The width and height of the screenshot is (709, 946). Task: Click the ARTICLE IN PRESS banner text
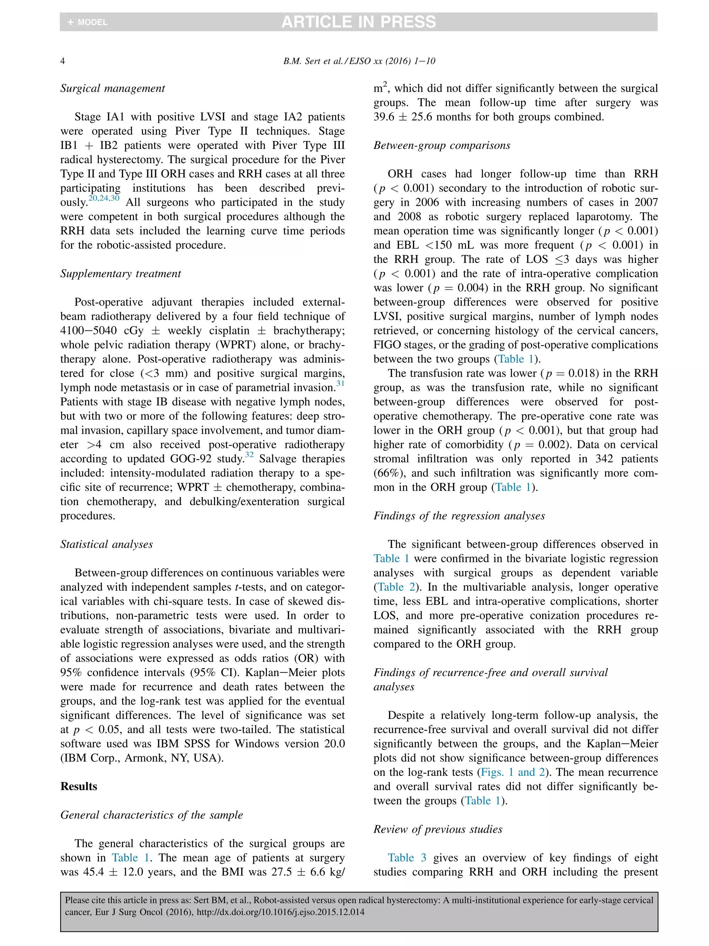point(358,22)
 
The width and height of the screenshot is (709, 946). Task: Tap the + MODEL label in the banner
point(88,22)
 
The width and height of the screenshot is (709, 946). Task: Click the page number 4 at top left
point(62,61)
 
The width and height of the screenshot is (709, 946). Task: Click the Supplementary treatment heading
point(120,273)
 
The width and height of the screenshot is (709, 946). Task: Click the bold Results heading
point(79,786)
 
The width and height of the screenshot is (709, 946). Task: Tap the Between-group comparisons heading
point(441,145)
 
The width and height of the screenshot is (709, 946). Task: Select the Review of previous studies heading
point(438,829)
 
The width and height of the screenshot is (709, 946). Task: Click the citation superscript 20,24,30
point(104,198)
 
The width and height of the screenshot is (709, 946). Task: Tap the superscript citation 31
point(340,383)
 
